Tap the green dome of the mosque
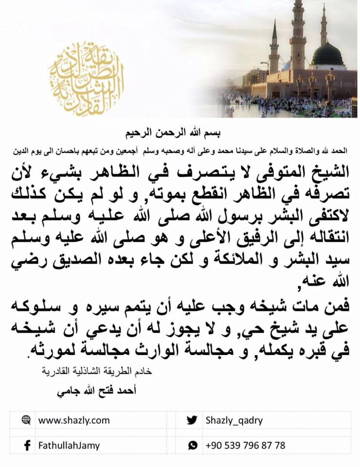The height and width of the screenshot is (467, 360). point(328,54)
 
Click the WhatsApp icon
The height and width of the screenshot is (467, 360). point(193,445)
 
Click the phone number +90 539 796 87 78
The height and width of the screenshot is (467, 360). point(245,445)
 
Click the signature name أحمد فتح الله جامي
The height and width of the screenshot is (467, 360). point(104,391)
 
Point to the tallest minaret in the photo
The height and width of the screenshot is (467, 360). point(297,34)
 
